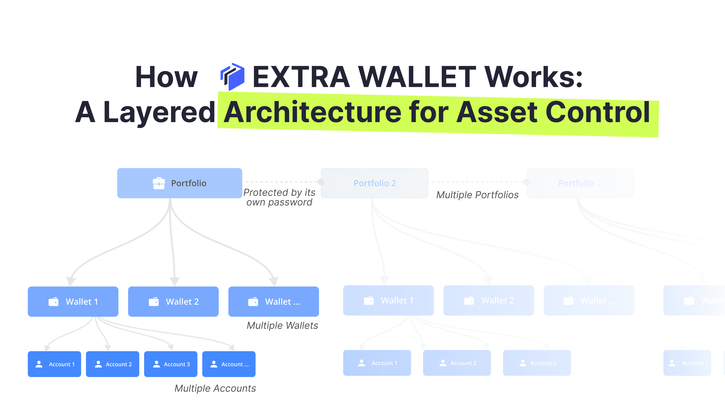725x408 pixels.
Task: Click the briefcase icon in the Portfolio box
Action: (159, 183)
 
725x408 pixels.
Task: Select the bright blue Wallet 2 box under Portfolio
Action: (173, 302)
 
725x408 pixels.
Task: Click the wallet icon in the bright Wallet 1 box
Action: (53, 302)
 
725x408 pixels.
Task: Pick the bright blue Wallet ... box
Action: (274, 302)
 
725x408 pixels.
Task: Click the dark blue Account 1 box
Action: (54, 364)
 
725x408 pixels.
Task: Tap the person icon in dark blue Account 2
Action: (98, 364)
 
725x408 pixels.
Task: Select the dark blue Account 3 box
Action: (171, 364)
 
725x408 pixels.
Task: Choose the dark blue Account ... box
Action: (229, 364)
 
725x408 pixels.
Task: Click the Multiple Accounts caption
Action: (215, 388)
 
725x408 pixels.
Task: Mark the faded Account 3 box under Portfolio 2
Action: (537, 363)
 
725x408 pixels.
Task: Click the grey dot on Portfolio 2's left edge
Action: (321, 182)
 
